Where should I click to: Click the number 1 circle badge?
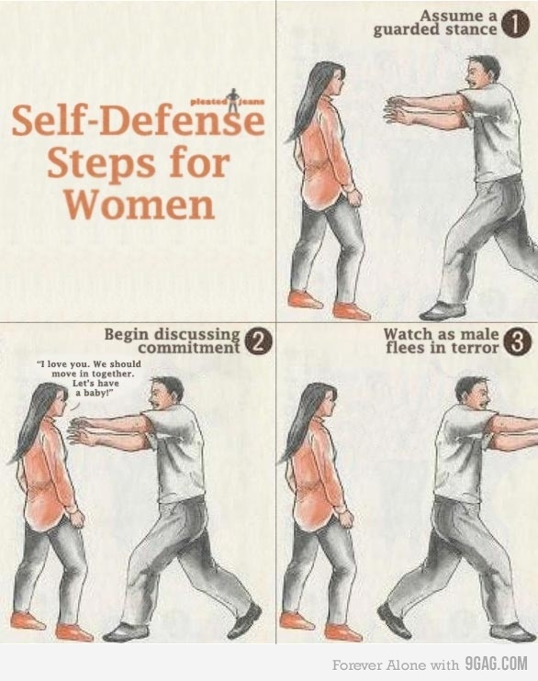(515, 24)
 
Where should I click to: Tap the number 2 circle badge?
(259, 342)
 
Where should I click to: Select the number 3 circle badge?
(517, 342)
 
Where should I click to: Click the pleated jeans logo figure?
(234, 100)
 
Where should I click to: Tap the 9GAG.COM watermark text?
(497, 664)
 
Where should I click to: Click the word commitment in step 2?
(189, 348)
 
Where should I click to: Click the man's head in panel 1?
(481, 72)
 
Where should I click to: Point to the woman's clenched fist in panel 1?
(354, 197)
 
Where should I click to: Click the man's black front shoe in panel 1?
(437, 310)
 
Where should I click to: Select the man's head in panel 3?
(473, 393)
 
